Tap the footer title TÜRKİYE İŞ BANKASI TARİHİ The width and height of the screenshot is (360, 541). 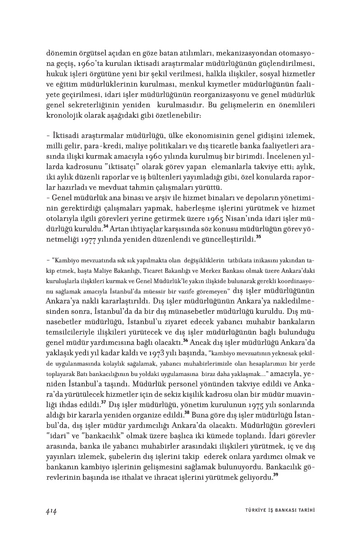[x=277, y=510]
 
